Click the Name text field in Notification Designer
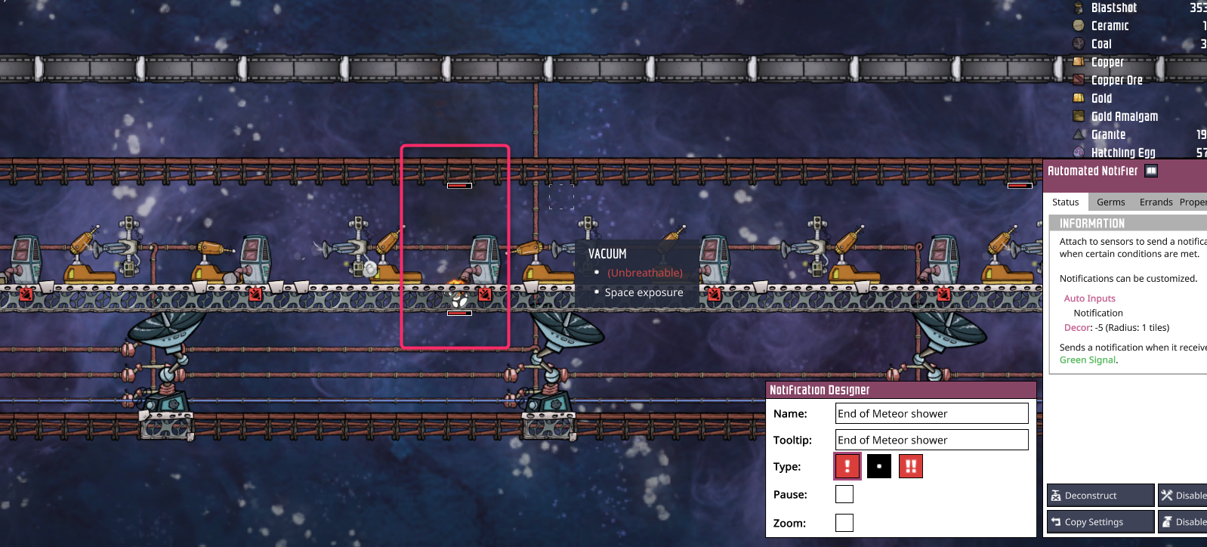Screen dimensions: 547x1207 point(931,413)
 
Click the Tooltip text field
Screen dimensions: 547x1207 point(931,440)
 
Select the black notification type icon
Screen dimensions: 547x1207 point(879,466)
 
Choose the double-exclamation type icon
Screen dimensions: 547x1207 point(911,466)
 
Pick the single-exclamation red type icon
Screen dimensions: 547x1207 point(847,466)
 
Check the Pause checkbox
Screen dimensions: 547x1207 point(844,494)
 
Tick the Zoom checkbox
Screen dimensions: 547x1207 point(844,523)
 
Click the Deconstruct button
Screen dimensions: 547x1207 point(1100,496)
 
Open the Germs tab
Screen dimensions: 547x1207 point(1110,202)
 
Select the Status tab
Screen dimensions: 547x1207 point(1066,202)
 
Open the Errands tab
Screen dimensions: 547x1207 point(1156,202)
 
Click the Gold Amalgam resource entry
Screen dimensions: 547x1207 point(1124,116)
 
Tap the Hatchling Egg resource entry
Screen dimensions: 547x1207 point(1122,153)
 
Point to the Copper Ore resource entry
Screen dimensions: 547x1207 point(1116,80)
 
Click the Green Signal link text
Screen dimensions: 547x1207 point(1088,360)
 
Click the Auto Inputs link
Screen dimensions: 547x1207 point(1089,298)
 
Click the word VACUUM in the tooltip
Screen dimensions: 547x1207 point(607,254)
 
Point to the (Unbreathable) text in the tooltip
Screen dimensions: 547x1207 point(645,273)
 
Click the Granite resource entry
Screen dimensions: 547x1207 point(1108,134)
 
